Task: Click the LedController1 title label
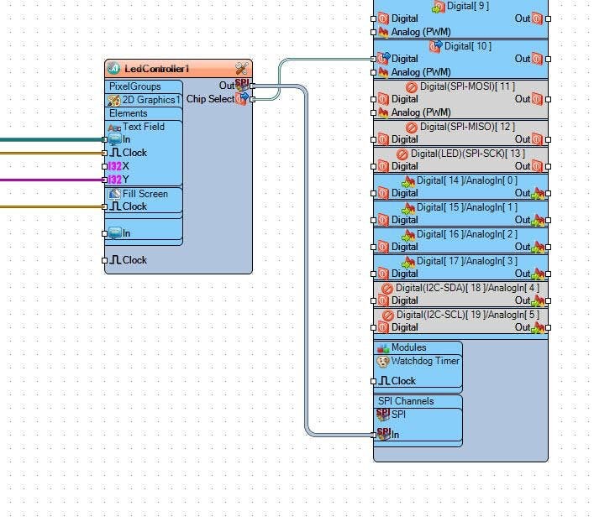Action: [158, 69]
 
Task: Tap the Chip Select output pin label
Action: [210, 99]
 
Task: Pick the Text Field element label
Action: [144, 127]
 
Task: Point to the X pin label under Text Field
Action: [125, 166]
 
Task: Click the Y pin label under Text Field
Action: [125, 180]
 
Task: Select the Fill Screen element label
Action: [145, 194]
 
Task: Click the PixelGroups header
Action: [134, 86]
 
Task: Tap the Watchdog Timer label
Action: [425, 361]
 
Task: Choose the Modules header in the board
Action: [408, 347]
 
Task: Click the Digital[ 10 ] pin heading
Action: [468, 46]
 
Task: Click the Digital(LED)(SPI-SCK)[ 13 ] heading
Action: [467, 154]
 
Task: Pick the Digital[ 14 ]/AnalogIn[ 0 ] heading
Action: [467, 180]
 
